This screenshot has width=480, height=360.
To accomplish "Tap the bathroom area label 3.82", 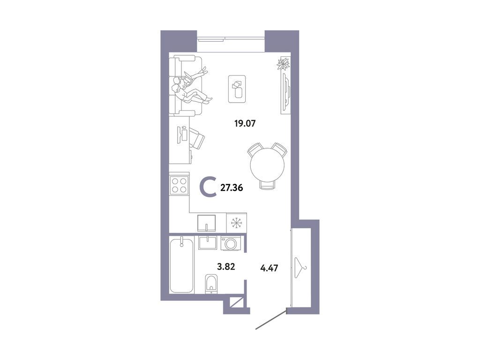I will (225, 268).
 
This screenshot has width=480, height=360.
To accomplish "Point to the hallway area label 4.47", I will (270, 268).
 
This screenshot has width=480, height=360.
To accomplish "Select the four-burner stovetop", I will (179, 185).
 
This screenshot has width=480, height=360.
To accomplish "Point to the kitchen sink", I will (207, 223).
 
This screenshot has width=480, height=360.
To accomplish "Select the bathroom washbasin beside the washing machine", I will (207, 243).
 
